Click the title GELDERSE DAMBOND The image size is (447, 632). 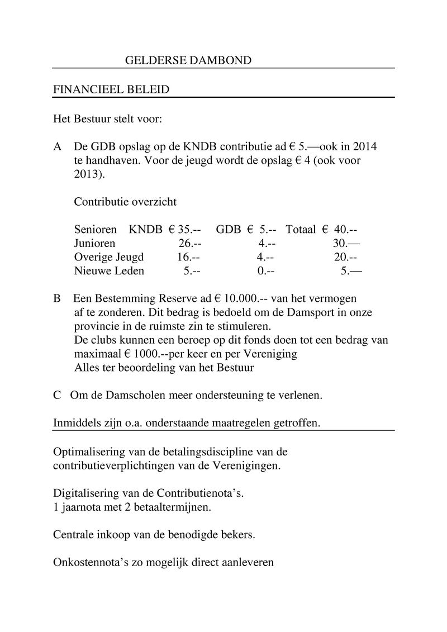point(188,60)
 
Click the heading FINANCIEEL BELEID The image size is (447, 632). point(111,90)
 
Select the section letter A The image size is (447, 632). point(57,148)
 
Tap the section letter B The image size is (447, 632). point(57,298)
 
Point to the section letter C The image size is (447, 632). point(57,395)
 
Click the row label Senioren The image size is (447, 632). point(95,230)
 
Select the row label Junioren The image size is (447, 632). point(94,244)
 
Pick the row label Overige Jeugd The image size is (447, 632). point(108,258)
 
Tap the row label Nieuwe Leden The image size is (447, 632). point(109,272)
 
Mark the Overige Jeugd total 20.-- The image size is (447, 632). point(345,258)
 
